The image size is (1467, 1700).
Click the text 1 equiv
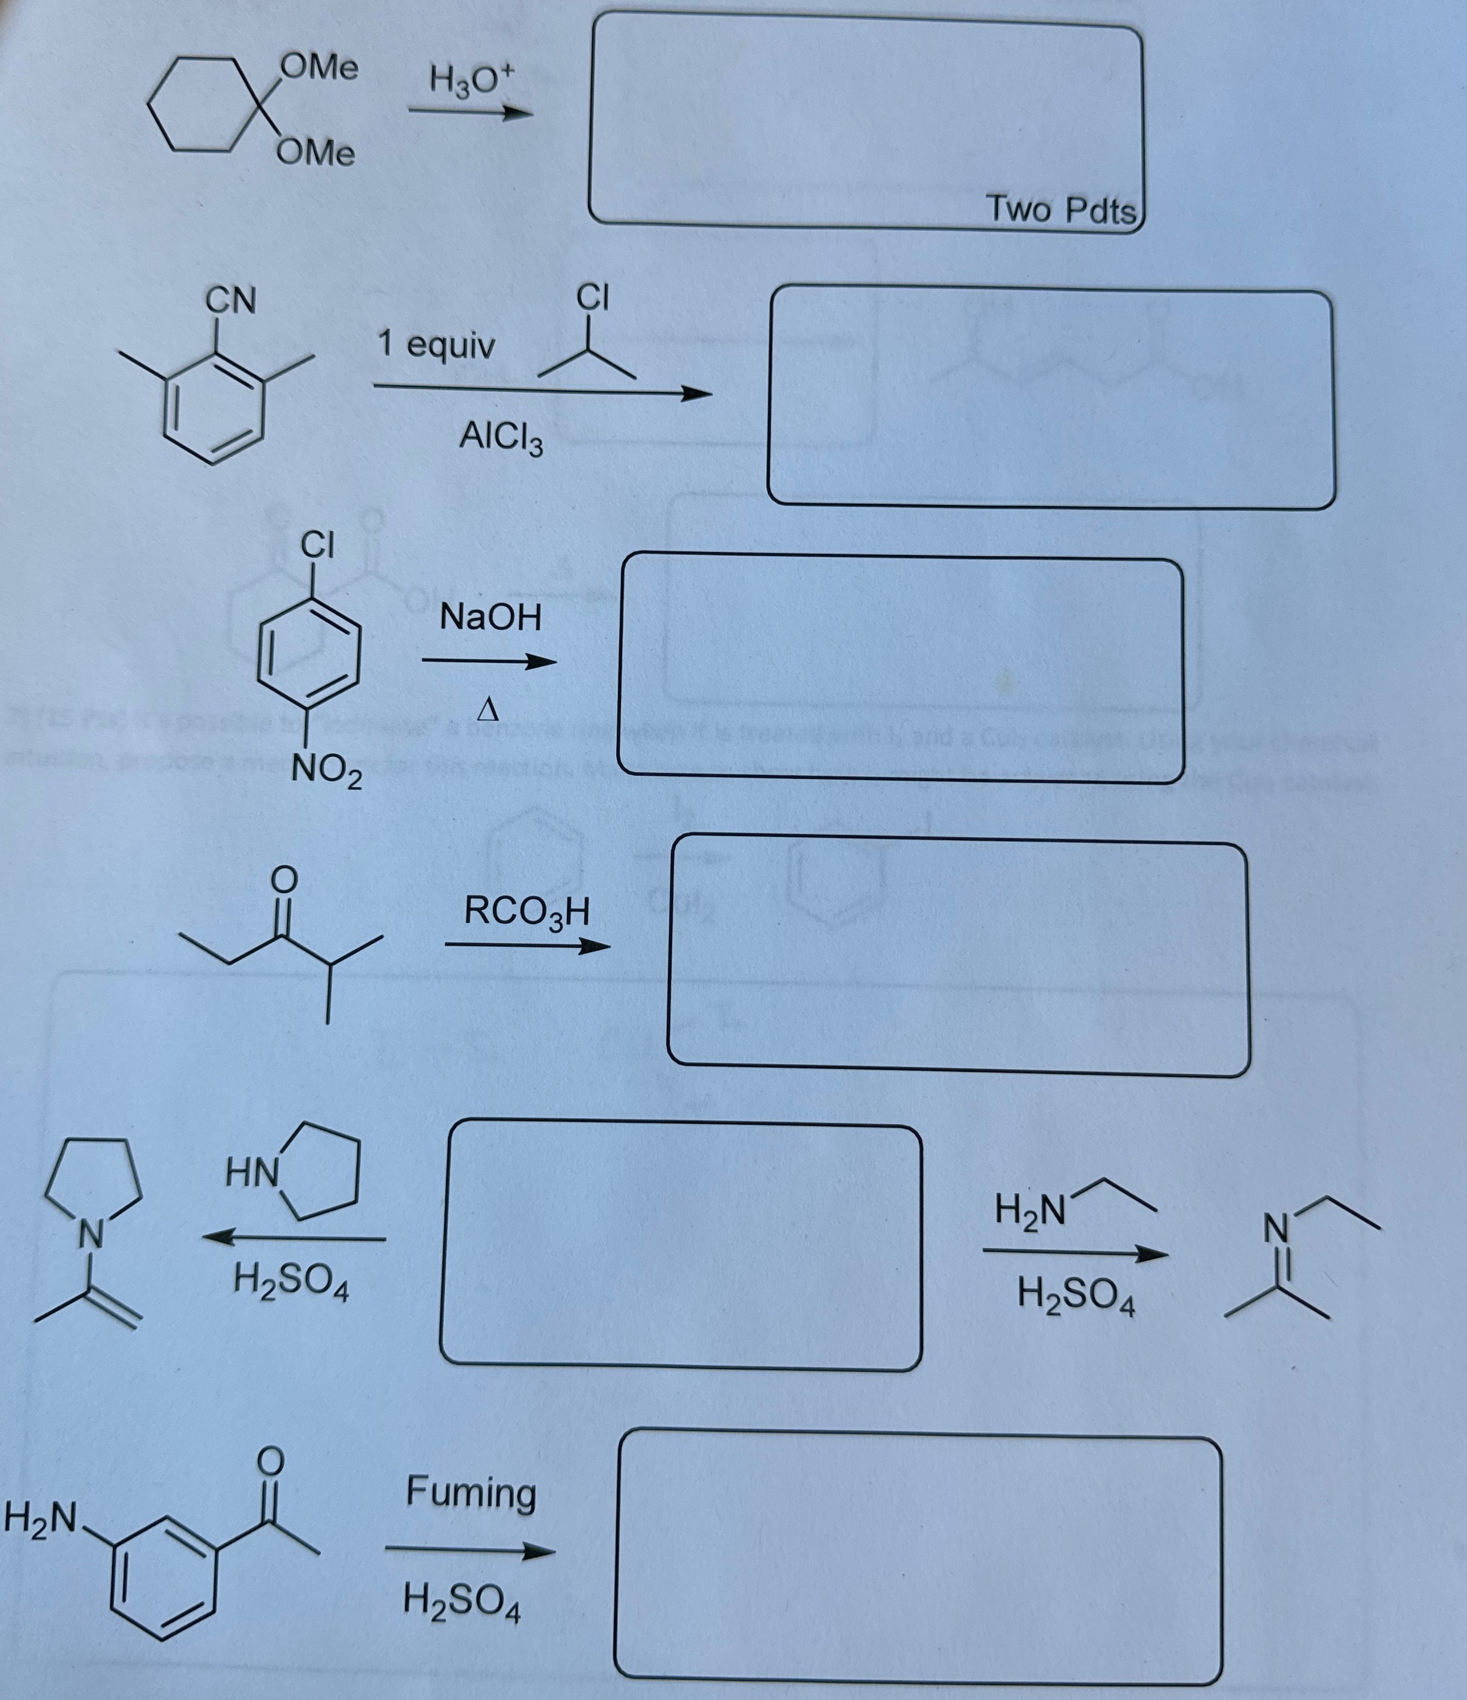tap(436, 345)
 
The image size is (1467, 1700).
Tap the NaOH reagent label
tap(491, 617)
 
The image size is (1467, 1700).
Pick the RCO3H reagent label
tap(526, 912)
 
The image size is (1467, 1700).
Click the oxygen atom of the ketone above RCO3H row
tap(283, 879)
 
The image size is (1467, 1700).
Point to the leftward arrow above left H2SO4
tap(295, 1238)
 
